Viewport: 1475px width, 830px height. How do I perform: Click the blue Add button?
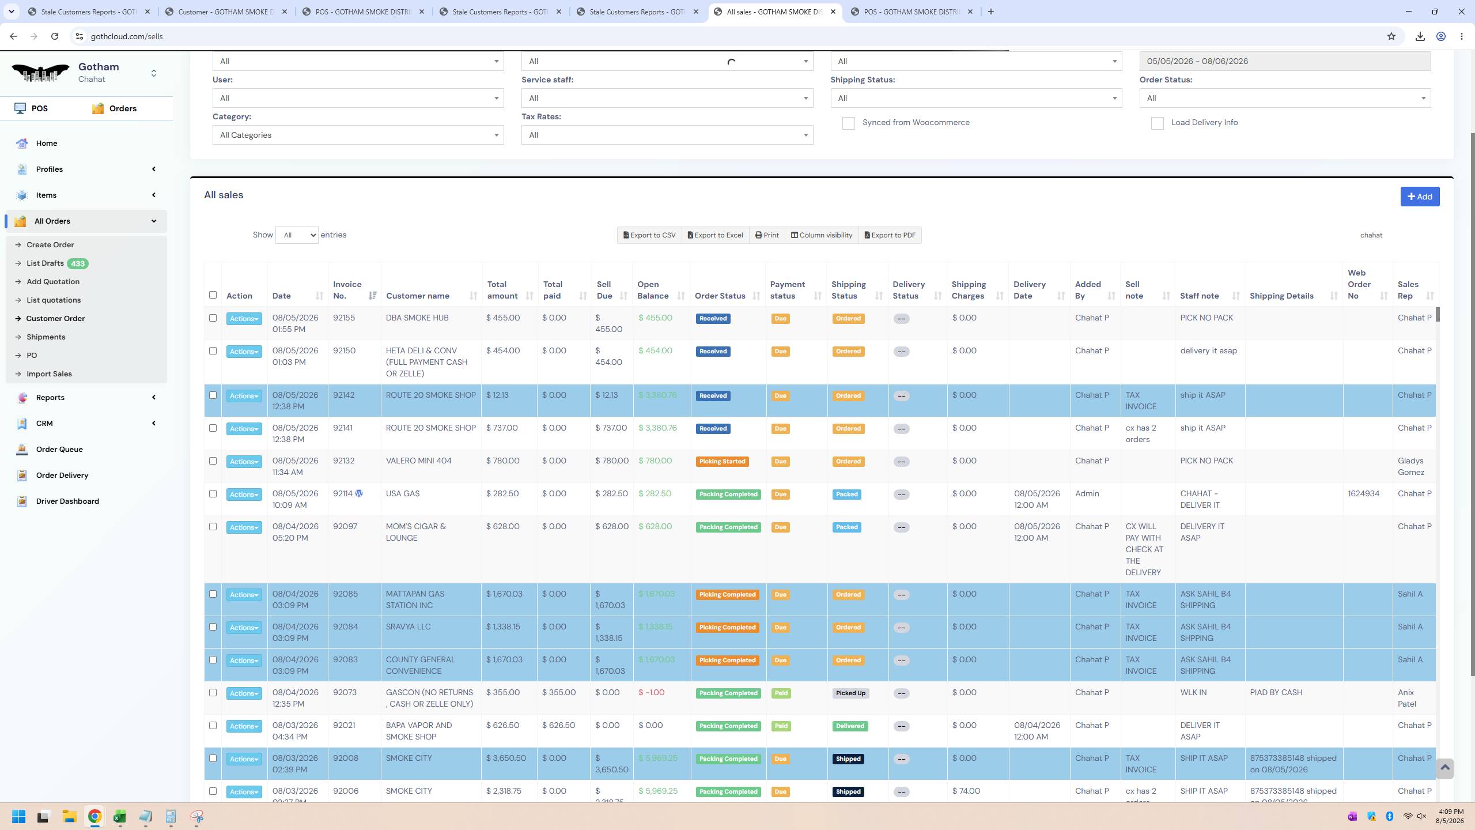1420,197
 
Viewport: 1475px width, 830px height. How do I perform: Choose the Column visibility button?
822,235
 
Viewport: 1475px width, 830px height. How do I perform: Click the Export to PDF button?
890,235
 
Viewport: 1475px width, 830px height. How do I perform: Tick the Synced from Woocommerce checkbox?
848,123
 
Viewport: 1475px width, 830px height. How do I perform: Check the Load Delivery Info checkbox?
1157,123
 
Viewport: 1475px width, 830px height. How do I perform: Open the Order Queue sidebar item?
59,450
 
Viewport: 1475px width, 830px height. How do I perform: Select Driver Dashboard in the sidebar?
67,501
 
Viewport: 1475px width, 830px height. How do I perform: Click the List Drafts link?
45,263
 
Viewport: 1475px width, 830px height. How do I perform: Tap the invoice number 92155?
344,318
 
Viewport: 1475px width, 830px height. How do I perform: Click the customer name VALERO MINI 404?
419,461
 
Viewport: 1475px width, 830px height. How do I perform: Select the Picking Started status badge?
722,462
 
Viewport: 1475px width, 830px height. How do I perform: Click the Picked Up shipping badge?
850,693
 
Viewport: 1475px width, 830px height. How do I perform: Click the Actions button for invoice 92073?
244,693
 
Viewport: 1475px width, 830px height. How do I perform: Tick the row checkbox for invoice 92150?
213,351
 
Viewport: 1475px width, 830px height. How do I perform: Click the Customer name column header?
418,296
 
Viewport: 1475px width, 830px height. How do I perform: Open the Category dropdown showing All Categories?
358,135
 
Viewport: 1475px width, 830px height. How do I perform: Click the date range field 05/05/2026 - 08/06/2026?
1285,62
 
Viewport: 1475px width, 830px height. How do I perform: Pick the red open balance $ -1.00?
651,693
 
